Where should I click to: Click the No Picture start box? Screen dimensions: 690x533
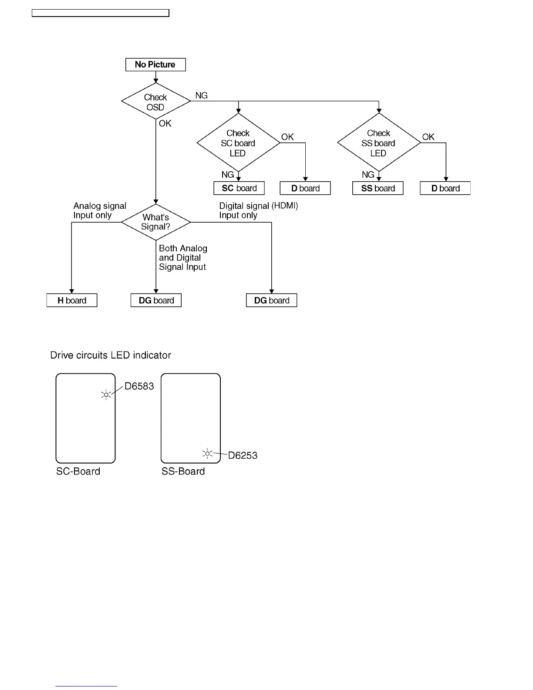click(x=155, y=64)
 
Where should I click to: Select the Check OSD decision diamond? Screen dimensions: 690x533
click(x=155, y=101)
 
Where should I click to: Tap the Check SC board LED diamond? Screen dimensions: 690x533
click(x=238, y=143)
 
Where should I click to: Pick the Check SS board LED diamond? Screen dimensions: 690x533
click(x=379, y=143)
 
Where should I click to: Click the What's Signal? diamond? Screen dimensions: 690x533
click(x=155, y=222)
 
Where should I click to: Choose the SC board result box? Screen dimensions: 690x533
click(x=239, y=188)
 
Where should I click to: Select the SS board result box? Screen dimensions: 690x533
click(x=378, y=188)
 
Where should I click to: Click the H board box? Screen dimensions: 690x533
click(x=72, y=301)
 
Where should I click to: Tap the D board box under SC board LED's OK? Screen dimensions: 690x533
click(x=305, y=188)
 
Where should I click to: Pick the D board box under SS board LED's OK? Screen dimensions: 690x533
click(x=445, y=188)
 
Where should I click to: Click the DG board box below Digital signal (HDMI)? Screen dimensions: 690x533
click(x=272, y=301)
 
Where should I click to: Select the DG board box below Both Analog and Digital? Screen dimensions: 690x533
click(x=156, y=301)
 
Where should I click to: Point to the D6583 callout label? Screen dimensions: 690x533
click(x=139, y=386)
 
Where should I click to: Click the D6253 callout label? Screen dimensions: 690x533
click(x=243, y=456)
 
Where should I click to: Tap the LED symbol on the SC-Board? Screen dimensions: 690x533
click(x=106, y=395)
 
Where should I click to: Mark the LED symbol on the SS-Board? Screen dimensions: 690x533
click(x=207, y=454)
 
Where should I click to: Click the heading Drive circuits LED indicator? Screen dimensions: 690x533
click(x=111, y=355)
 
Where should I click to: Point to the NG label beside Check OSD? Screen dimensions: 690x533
click(x=201, y=95)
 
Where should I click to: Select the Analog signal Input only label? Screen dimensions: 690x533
click(x=99, y=210)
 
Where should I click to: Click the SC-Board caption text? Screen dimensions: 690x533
click(x=78, y=471)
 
